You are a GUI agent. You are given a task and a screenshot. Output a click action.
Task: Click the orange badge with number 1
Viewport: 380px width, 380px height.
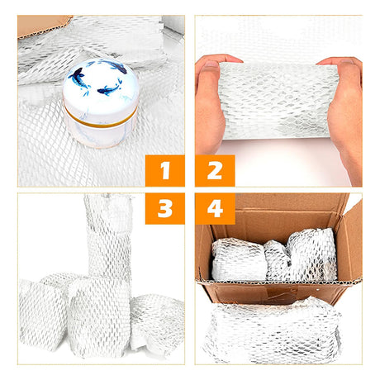click(x=165, y=171)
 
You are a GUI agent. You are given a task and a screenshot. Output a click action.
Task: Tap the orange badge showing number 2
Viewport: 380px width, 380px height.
click(x=215, y=171)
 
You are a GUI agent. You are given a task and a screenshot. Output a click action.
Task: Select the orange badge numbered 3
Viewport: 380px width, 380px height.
click(x=165, y=208)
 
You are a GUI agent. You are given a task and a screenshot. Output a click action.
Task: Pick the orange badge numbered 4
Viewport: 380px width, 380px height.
click(x=215, y=208)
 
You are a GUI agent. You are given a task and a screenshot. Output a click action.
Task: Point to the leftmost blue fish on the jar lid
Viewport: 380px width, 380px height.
click(x=78, y=78)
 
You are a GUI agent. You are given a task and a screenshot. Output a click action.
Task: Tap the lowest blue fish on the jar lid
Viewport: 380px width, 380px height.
click(x=109, y=88)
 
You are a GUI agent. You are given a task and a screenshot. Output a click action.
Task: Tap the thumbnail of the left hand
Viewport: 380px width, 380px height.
click(x=212, y=64)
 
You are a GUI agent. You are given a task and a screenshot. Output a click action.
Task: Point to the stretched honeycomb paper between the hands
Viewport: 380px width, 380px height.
click(x=278, y=101)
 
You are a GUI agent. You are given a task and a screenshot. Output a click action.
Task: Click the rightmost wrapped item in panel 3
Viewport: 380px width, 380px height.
click(x=157, y=324)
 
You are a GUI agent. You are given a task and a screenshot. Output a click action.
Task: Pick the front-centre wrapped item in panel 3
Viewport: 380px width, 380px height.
click(x=99, y=316)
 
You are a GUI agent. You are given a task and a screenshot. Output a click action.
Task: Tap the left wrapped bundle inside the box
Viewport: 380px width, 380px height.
click(x=238, y=259)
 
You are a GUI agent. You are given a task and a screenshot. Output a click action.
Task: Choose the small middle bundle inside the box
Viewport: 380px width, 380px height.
click(x=277, y=260)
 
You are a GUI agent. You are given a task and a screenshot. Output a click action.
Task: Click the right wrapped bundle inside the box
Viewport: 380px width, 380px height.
click(x=312, y=254)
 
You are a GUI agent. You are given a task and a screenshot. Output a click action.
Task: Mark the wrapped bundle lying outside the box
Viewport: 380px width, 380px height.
click(x=273, y=330)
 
